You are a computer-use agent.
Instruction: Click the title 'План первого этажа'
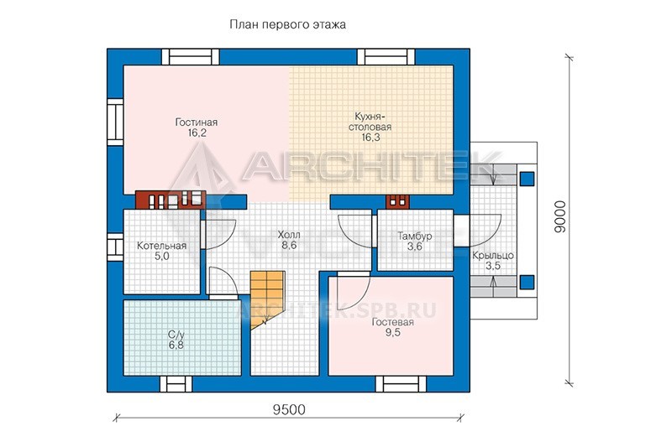coord(287,25)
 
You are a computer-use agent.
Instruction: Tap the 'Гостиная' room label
coord(197,122)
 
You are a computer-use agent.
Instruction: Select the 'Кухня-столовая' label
coord(370,122)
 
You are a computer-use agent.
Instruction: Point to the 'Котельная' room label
coord(161,246)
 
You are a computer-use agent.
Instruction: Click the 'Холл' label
coord(289,235)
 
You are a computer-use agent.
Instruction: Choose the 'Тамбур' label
coord(414,236)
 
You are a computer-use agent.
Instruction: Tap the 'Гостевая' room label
coord(392,322)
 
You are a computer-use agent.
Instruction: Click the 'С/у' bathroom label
coord(176,334)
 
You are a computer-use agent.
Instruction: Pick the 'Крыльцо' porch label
coord(493,256)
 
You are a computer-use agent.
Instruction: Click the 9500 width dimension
coord(289,410)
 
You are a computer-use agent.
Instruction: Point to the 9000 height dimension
coord(560,217)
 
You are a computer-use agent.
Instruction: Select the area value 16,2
coord(197,133)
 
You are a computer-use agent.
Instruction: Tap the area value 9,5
coord(392,332)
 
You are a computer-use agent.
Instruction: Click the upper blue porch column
coord(527,179)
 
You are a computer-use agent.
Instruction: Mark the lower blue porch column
coord(527,283)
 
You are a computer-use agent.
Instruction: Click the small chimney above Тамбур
coord(397,201)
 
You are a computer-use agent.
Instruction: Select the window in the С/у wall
coord(176,384)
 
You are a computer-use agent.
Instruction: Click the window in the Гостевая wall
coord(401,384)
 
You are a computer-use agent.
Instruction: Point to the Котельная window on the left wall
coord(115,247)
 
